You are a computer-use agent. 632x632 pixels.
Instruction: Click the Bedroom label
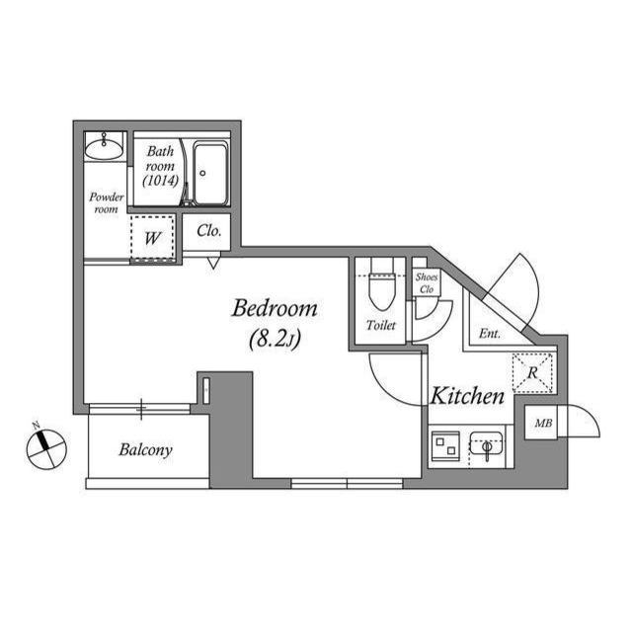(x=275, y=309)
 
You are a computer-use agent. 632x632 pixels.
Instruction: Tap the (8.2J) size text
(x=275, y=339)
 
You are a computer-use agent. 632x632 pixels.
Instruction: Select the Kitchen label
(x=467, y=396)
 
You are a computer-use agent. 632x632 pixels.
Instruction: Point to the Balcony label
(x=145, y=450)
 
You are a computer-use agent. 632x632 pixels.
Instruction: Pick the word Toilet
(x=381, y=325)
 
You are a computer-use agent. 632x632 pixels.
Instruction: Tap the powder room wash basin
(x=104, y=148)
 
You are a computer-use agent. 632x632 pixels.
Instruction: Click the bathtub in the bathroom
(x=210, y=174)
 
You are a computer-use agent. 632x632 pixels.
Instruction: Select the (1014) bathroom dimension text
(x=160, y=181)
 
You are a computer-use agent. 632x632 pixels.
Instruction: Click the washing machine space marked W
(x=152, y=238)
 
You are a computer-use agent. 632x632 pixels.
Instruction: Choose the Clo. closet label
(x=208, y=231)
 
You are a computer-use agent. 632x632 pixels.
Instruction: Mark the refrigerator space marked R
(x=532, y=373)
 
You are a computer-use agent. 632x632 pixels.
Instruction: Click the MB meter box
(x=541, y=423)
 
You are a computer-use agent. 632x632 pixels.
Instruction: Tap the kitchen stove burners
(x=445, y=446)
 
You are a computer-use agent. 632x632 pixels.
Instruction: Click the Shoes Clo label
(x=427, y=283)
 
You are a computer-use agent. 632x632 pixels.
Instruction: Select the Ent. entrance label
(x=490, y=334)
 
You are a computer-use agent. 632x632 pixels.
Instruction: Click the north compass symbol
(x=46, y=448)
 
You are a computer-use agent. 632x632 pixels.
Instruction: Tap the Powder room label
(x=106, y=202)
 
